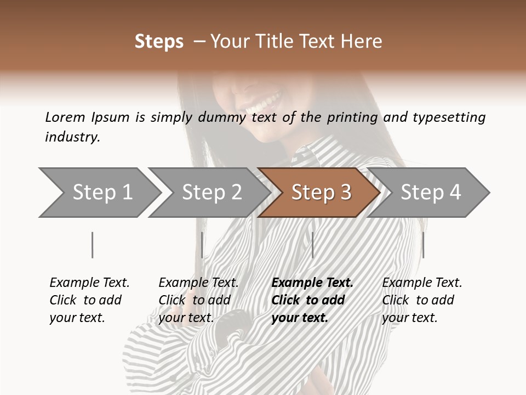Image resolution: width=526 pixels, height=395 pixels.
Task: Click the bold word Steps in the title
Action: click(x=159, y=42)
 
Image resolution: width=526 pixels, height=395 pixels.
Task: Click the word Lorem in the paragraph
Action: click(x=65, y=117)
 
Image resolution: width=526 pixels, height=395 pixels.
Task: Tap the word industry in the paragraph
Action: click(x=72, y=137)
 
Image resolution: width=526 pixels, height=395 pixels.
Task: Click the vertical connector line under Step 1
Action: click(x=93, y=245)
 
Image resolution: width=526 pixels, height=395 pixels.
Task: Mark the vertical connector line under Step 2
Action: click(x=202, y=245)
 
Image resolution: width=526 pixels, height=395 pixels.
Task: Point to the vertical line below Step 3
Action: click(x=312, y=245)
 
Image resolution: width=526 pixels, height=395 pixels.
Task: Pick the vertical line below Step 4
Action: click(x=423, y=245)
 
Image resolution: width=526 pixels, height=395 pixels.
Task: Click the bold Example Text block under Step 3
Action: click(x=312, y=300)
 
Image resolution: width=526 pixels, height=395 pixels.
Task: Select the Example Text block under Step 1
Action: click(x=89, y=300)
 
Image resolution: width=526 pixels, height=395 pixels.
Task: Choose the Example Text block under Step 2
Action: click(x=198, y=300)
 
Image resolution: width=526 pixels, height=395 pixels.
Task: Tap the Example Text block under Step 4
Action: click(x=422, y=300)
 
